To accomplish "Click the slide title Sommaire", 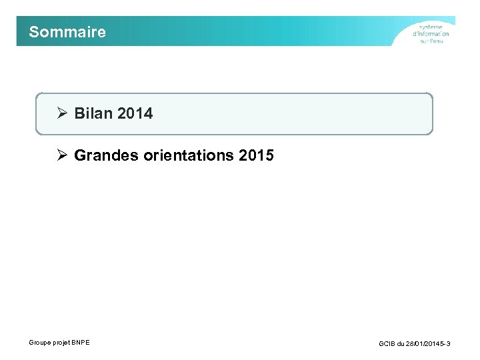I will [67, 32].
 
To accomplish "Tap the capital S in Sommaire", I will [34, 32].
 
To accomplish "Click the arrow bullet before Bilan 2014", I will [62, 113].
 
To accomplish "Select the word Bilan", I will [93, 113].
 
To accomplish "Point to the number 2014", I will [135, 113].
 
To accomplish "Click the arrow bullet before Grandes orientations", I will [62, 155].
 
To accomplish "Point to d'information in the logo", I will [431, 34].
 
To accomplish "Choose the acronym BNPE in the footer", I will [81, 343].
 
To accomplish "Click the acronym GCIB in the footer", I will [387, 344].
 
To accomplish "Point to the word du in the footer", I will [401, 344].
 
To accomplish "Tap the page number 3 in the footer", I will [449, 344].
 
